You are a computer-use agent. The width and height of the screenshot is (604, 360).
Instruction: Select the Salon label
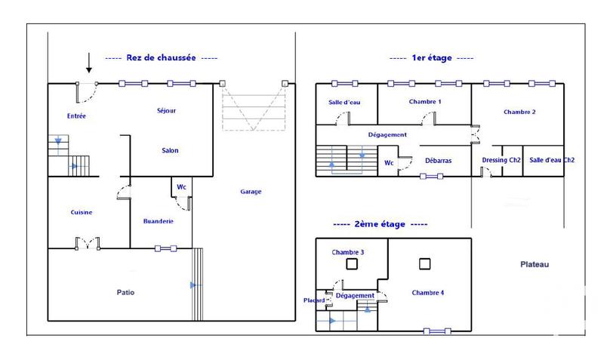tap(170, 150)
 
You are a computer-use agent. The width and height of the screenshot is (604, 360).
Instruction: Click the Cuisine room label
tap(82, 212)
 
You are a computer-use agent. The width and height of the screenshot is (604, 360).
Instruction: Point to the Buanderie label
tap(159, 221)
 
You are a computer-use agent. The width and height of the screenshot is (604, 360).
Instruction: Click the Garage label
tap(251, 192)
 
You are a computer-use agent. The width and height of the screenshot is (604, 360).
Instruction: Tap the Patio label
tap(125, 292)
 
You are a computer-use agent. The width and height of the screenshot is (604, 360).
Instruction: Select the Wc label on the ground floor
tap(181, 186)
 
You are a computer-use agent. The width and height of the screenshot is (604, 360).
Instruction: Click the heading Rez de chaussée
tap(161, 57)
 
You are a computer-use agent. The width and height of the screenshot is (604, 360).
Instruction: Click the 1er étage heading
tap(431, 58)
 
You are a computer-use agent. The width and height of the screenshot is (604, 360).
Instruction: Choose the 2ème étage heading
tap(381, 224)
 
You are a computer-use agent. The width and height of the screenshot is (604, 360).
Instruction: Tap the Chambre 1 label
tap(424, 101)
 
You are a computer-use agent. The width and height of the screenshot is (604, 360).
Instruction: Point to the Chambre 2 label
tap(519, 112)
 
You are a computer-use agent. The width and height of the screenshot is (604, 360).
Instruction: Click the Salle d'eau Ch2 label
tap(552, 160)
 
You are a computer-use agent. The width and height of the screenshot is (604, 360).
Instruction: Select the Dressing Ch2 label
tap(501, 160)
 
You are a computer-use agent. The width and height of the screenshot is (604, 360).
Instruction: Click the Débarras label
tap(438, 160)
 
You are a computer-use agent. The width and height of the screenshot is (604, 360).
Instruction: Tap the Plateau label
tap(535, 264)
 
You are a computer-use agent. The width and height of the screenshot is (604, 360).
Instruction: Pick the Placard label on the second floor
tap(314, 300)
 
